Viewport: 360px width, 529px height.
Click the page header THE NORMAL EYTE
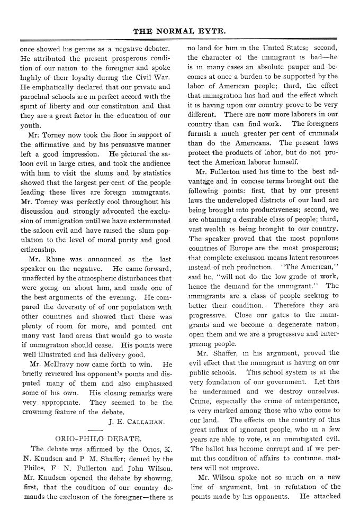coord(180,31)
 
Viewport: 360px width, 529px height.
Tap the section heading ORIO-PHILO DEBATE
coord(98,439)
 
